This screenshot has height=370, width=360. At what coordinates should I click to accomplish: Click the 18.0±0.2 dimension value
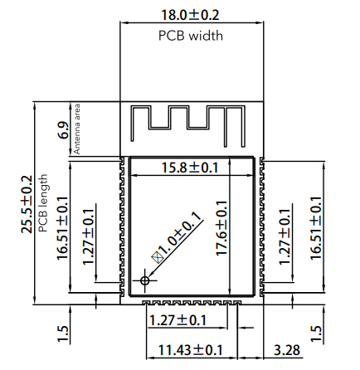click(190, 14)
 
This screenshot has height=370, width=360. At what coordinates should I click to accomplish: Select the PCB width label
click(190, 36)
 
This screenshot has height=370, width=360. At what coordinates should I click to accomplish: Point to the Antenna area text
click(77, 129)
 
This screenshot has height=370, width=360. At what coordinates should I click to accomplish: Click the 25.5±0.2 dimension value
click(28, 204)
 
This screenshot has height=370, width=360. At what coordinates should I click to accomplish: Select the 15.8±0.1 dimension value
click(189, 168)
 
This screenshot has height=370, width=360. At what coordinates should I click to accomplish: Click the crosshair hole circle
click(146, 281)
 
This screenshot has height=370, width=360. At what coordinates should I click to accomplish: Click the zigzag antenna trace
click(190, 119)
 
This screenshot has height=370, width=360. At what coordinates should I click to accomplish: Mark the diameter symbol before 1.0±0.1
click(154, 259)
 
